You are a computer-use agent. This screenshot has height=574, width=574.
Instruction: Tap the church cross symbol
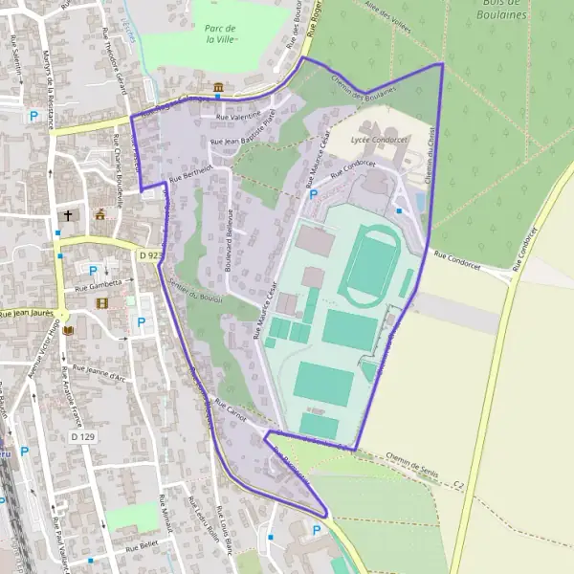(68, 215)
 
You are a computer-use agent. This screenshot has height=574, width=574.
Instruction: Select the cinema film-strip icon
(102, 303)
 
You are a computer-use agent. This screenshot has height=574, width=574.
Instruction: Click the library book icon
(68, 330)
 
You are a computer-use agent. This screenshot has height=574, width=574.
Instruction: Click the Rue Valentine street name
(238, 116)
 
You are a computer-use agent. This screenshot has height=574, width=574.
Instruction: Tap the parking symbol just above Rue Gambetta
(94, 271)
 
